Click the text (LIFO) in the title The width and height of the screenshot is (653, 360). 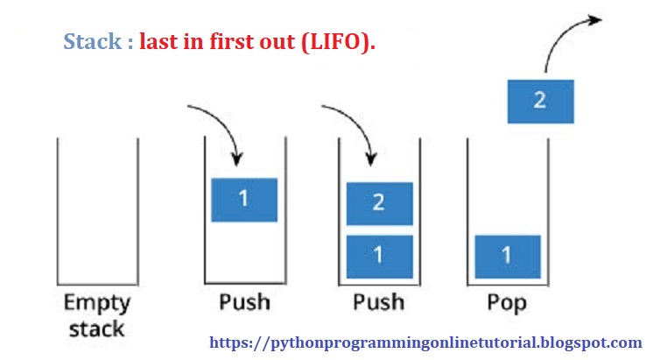point(337,41)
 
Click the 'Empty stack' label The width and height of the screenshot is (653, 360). point(96,315)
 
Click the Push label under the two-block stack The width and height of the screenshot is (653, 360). point(377,303)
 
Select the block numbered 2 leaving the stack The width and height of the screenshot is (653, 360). point(540,101)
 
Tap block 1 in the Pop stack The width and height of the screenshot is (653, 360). point(507,257)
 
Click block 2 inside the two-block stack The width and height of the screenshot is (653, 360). point(379,203)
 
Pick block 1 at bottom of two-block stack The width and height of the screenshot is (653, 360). point(379,257)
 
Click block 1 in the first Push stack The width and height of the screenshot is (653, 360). point(244,200)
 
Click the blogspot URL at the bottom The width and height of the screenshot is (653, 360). point(426,342)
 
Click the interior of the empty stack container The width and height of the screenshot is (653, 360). point(97,210)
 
